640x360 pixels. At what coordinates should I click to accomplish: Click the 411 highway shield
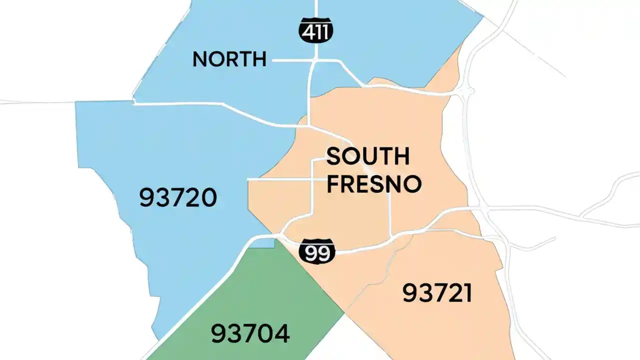[316, 31]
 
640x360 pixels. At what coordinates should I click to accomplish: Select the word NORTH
[229, 59]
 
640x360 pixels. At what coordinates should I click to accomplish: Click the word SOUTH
[367, 156]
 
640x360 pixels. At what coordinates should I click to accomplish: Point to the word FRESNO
[374, 184]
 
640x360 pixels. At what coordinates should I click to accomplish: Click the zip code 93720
[178, 198]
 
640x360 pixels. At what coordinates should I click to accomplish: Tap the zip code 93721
[437, 293]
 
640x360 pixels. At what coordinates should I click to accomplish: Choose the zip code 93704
[250, 333]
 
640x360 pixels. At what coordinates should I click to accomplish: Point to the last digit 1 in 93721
[467, 293]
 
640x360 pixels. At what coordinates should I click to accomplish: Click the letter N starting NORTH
[200, 59]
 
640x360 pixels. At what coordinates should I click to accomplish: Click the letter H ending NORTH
[259, 59]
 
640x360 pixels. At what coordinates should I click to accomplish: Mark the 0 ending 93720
[209, 198]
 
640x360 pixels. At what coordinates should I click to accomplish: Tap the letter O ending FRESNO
[412, 184]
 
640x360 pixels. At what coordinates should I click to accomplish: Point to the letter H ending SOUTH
[401, 156]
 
